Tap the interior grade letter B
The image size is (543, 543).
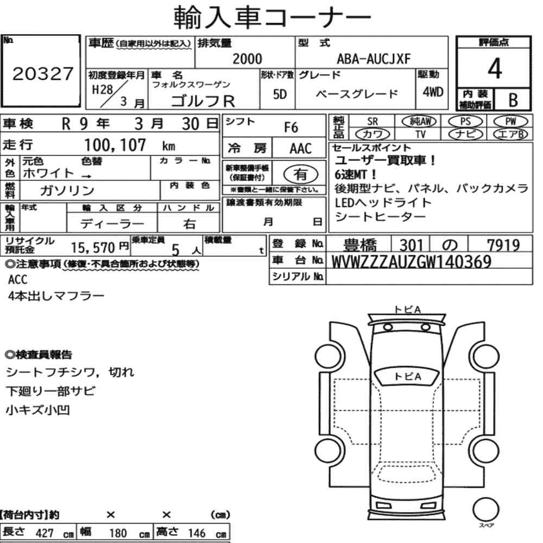pyautogui.click(x=512, y=99)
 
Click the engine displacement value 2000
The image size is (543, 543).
pyautogui.click(x=247, y=59)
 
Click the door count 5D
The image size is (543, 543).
pyautogui.click(x=280, y=93)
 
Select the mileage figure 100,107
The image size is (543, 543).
pyautogui.click(x=116, y=145)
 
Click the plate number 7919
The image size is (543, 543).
pyautogui.click(x=503, y=245)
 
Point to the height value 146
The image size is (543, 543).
pyautogui.click(x=197, y=533)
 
